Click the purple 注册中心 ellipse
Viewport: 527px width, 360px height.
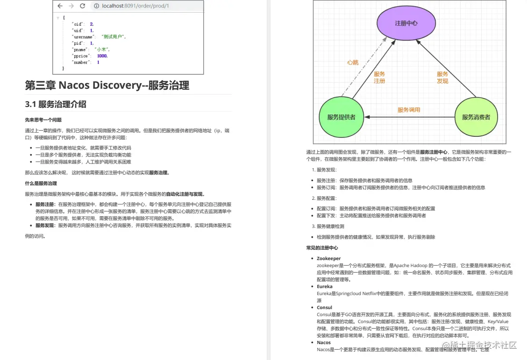click(406, 23)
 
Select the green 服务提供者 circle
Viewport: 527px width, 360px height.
click(341, 117)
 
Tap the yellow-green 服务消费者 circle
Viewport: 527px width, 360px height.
click(476, 117)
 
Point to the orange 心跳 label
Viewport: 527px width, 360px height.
click(352, 63)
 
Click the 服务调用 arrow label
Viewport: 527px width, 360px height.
click(409, 110)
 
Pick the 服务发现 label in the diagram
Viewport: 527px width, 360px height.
click(442, 78)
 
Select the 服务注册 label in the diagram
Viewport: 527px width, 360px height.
click(379, 78)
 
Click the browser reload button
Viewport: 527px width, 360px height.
click(83, 6)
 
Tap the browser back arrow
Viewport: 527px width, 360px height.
click(60, 6)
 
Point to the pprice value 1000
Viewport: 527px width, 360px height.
click(102, 56)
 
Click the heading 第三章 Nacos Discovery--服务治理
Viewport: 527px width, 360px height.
click(107, 85)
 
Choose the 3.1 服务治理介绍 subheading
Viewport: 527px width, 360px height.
click(56, 104)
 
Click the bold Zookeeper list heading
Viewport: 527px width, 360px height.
click(328, 258)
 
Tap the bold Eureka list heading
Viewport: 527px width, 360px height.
click(324, 286)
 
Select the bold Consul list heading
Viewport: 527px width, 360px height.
click(324, 307)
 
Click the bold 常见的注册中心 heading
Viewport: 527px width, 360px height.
click(322, 247)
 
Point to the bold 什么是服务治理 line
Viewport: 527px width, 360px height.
click(41, 184)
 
